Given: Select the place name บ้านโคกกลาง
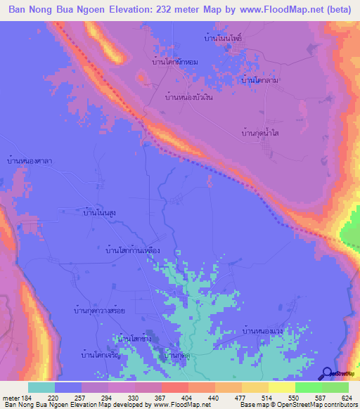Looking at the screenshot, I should coord(261,80).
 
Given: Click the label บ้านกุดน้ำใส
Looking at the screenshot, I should coord(262,132).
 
